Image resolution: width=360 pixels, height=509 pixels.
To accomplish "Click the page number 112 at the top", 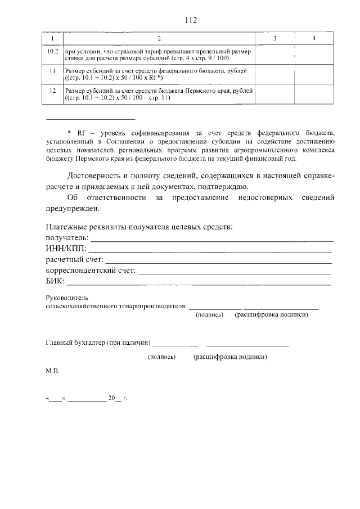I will click(191, 20).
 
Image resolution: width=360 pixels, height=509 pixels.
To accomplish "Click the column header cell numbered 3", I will click(274, 38).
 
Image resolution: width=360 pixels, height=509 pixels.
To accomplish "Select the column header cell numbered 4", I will click(313, 38).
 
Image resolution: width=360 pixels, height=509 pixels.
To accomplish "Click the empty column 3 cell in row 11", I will click(274, 74).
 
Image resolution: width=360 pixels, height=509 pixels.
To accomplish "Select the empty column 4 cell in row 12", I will click(313, 94).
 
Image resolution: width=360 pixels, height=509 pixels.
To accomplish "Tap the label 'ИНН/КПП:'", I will click(65, 249).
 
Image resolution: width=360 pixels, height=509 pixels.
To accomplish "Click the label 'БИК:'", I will click(55, 281).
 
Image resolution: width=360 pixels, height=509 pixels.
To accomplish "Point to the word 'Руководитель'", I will click(66, 298).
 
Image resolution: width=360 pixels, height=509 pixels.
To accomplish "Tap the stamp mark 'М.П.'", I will click(52, 371).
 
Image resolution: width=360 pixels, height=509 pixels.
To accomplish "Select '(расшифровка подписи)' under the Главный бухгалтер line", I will click(229, 357).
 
